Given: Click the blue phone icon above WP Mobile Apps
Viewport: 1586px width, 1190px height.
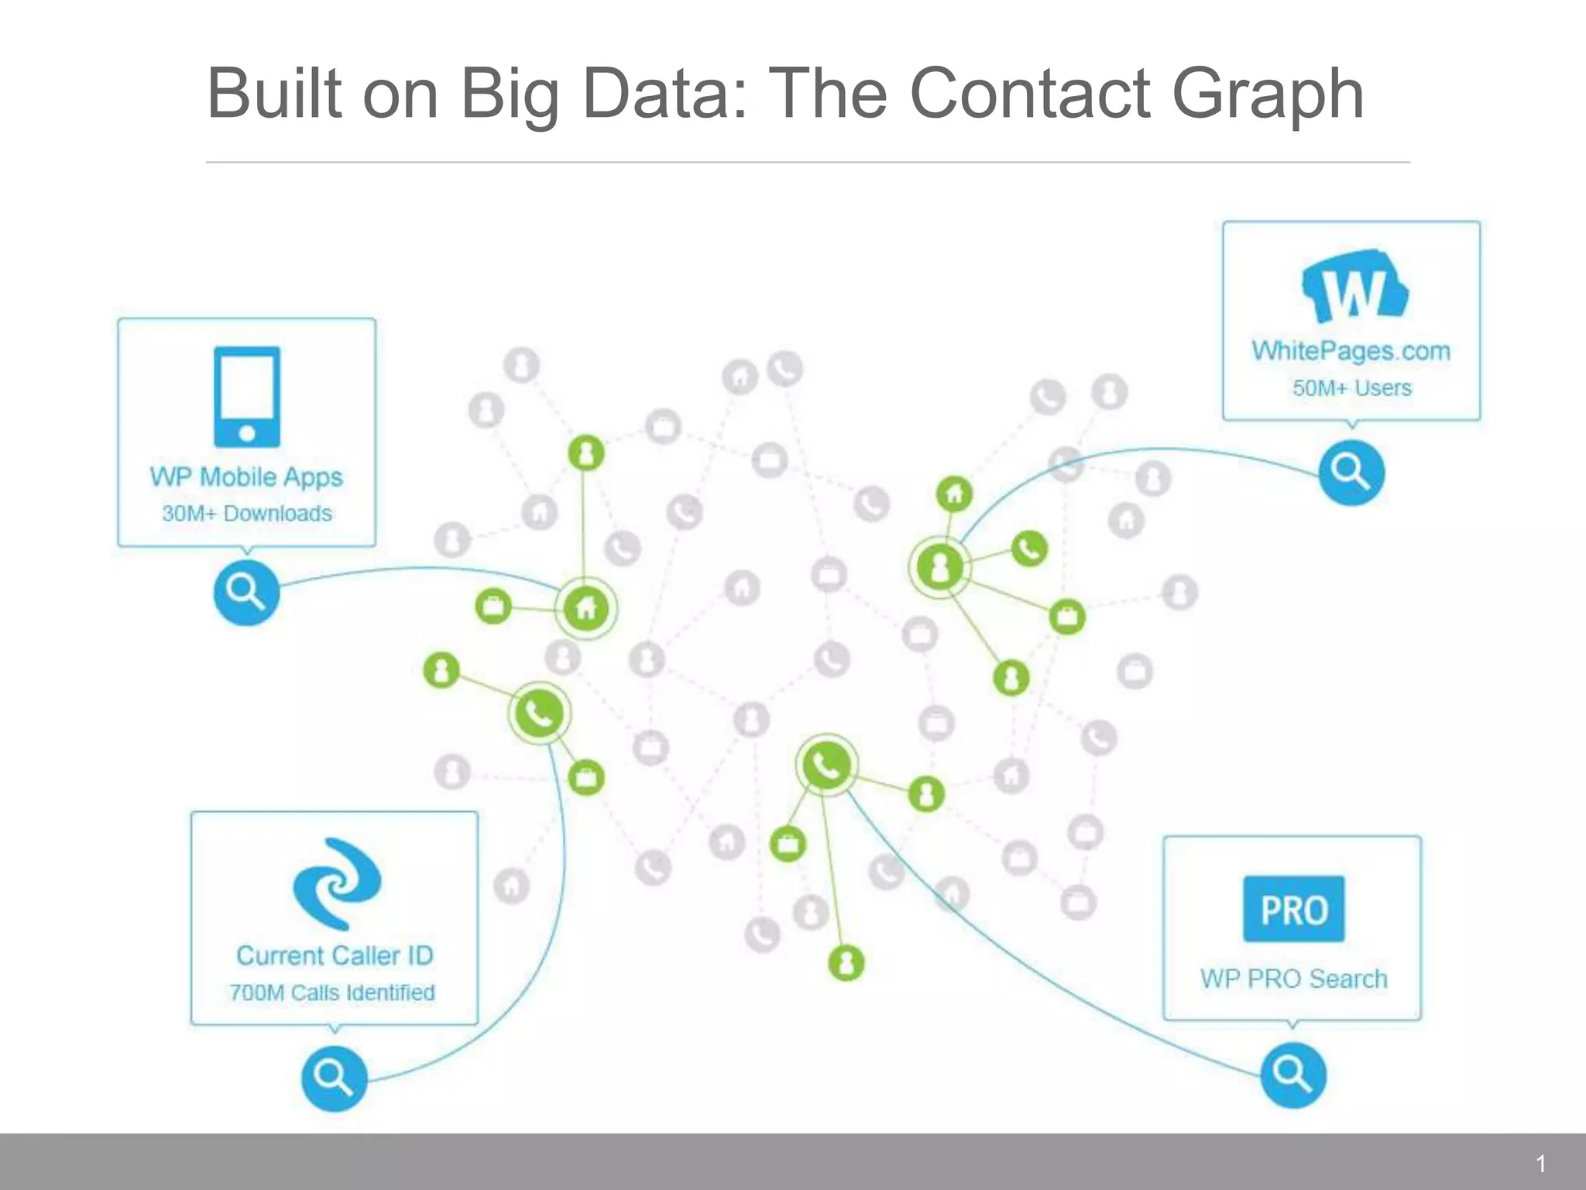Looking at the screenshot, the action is (247, 397).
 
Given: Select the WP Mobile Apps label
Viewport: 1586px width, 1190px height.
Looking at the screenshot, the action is (246, 477).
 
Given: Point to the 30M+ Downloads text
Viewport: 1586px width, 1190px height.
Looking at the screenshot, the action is (246, 514).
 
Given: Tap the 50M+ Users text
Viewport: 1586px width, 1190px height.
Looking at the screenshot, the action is (1351, 388).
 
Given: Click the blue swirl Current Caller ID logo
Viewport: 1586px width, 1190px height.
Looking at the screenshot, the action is (336, 884).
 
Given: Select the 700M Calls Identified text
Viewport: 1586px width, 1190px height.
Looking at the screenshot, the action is (332, 992).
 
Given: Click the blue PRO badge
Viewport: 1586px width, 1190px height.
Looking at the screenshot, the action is (1293, 910).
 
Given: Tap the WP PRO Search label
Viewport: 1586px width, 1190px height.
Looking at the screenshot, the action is (1293, 979).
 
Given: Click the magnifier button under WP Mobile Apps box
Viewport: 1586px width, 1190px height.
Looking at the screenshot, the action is (246, 593).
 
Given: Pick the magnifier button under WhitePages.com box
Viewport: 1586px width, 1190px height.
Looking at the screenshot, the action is (1351, 473).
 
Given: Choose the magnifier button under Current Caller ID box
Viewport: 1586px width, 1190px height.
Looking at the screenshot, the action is (334, 1078).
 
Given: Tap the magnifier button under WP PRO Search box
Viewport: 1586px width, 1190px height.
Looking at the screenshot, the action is (1292, 1075).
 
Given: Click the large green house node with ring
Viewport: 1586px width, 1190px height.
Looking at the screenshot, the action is (586, 609).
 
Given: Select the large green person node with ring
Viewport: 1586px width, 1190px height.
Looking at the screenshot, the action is (940, 567).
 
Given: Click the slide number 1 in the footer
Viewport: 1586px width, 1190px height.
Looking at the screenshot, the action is (1540, 1164).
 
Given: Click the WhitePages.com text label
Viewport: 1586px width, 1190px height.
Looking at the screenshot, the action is (1351, 351).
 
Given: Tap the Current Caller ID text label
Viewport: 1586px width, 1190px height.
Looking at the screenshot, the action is (335, 956).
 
